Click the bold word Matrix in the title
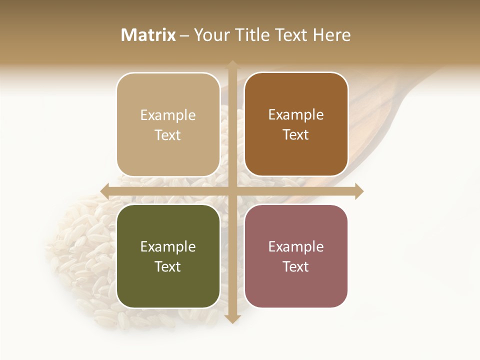pyautogui.click(x=148, y=35)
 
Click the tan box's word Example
pyautogui.click(x=168, y=115)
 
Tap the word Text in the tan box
pyautogui.click(x=168, y=135)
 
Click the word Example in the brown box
pyautogui.click(x=296, y=115)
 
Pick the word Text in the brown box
pyautogui.click(x=296, y=134)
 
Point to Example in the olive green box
pyautogui.click(x=168, y=247)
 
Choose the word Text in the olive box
pyautogui.click(x=168, y=266)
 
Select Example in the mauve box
pyautogui.click(x=296, y=247)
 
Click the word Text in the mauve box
pyautogui.click(x=296, y=266)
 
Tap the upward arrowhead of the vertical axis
pyautogui.click(x=232, y=64)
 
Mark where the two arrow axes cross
pyautogui.click(x=232, y=191)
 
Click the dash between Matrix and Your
pyautogui.click(x=184, y=35)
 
